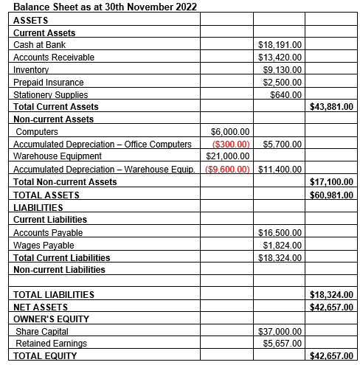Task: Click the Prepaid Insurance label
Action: tap(49, 82)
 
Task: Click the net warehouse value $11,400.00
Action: tap(281, 169)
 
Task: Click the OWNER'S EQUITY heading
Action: tap(52, 319)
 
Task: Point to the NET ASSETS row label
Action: tap(41, 307)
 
